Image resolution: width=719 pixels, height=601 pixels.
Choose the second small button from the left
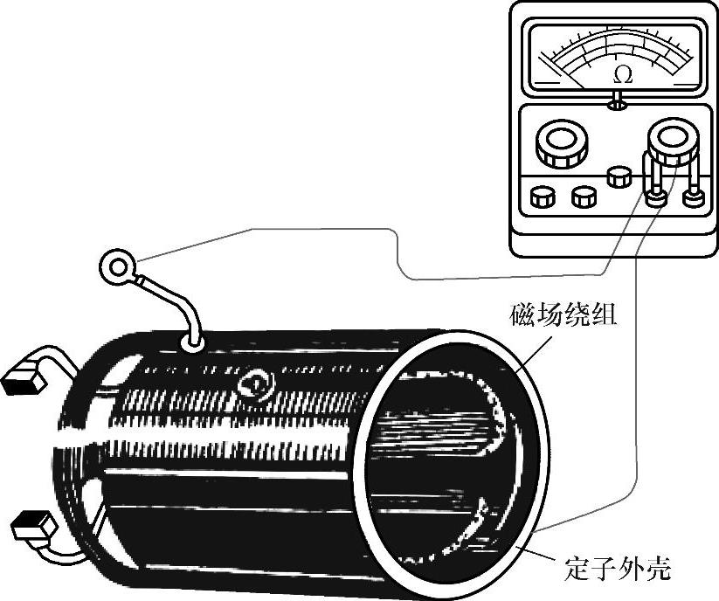(583, 197)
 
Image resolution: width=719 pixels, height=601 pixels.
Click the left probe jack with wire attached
(654, 197)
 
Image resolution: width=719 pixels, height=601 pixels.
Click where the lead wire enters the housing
(193, 343)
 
